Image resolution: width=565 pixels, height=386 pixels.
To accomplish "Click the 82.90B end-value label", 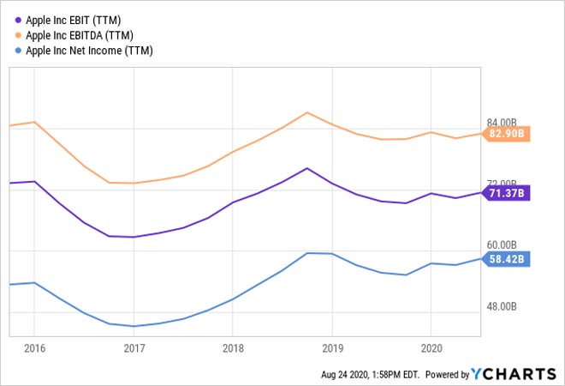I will pyautogui.click(x=506, y=134).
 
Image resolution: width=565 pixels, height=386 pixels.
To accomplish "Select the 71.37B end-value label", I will pyautogui.click(x=506, y=193).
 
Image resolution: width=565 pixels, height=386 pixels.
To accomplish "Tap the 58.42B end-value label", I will pyautogui.click(x=506, y=259).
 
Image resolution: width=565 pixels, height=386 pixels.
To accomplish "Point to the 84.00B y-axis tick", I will pyautogui.click(x=502, y=123).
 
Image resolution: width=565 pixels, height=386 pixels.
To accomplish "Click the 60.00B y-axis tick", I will pyautogui.click(x=502, y=245).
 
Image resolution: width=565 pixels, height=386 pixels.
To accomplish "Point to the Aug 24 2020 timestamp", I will pyautogui.click(x=367, y=375).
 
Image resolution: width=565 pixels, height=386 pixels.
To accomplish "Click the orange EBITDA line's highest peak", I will pyautogui.click(x=307, y=112).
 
